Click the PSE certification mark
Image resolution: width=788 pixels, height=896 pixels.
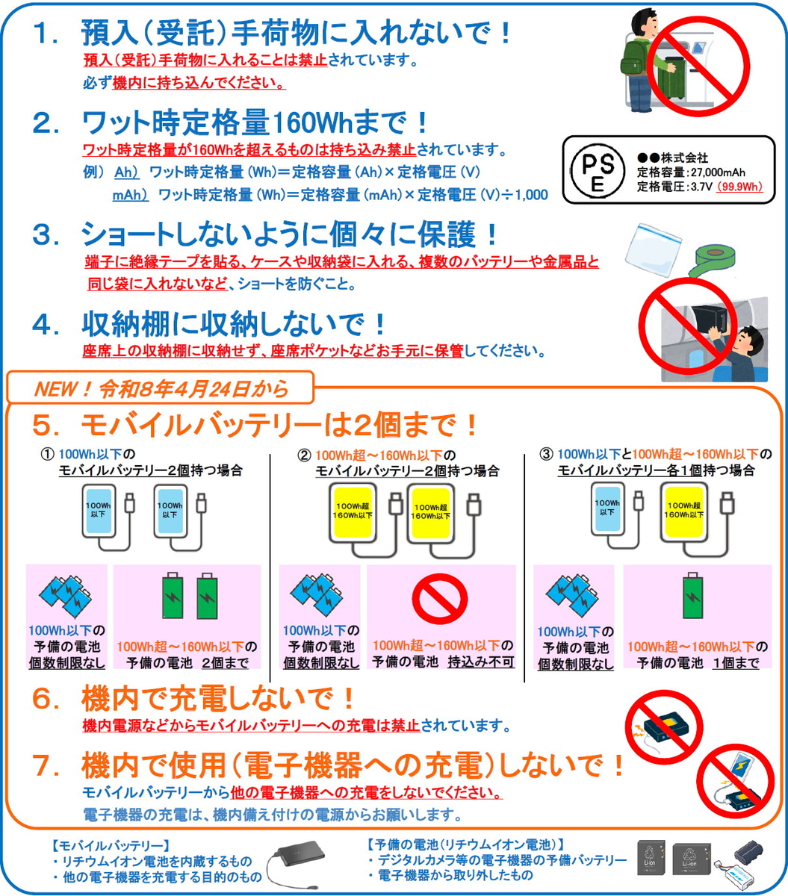pos(598,170)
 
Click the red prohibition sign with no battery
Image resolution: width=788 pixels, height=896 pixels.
pos(439,599)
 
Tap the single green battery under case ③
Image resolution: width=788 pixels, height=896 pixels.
pos(693,595)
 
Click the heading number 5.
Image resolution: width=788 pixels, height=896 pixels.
pos(45,426)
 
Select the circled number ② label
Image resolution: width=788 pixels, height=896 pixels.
pos(305,455)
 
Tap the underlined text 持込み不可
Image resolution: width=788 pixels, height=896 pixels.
pos(481,662)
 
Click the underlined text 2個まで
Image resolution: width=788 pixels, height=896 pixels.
pos(226,663)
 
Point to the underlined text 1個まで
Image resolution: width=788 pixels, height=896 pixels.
pos(736,663)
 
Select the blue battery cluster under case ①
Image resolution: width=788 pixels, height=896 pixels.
pos(66,596)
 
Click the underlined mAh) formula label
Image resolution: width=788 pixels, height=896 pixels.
pos(130,195)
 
